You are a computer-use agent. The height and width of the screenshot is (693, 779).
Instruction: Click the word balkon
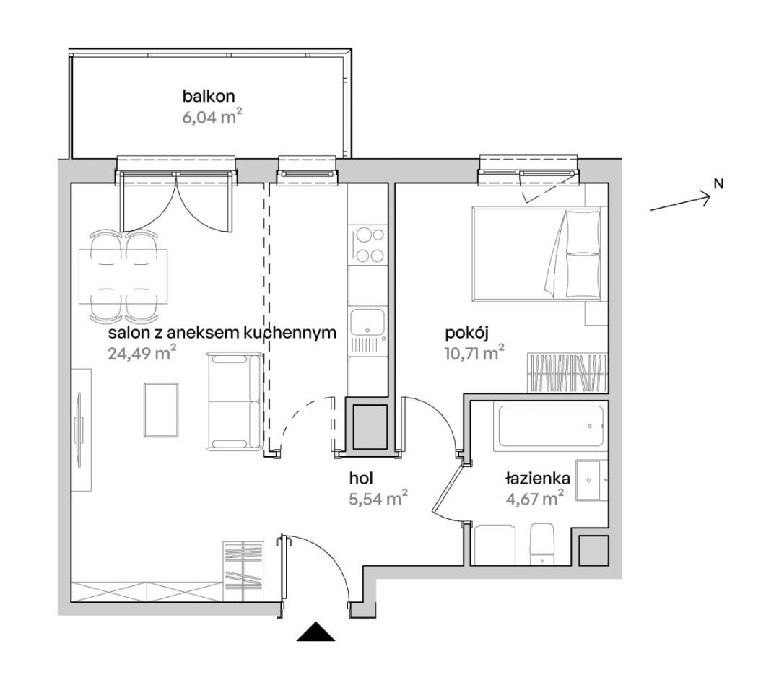pyautogui.click(x=208, y=96)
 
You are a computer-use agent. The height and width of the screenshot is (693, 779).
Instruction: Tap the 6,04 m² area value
pyautogui.click(x=212, y=118)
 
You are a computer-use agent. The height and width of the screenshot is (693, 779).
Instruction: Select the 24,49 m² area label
pyautogui.click(x=142, y=353)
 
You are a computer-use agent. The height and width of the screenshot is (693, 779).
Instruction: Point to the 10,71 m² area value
pyautogui.click(x=474, y=353)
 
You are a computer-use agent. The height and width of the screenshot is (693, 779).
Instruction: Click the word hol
pyautogui.click(x=361, y=478)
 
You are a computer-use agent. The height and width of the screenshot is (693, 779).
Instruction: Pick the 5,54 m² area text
pyautogui.click(x=378, y=498)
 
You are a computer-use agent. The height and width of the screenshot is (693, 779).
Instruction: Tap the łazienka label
pyautogui.click(x=538, y=479)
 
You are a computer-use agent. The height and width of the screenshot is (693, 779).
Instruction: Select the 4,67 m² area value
pyautogui.click(x=534, y=498)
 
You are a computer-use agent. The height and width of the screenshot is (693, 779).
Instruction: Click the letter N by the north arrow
pyautogui.click(x=718, y=183)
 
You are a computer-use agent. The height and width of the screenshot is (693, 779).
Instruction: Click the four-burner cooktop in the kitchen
pyautogui.click(x=368, y=245)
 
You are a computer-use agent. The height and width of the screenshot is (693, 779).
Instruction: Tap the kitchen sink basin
pyautogui.click(x=367, y=322)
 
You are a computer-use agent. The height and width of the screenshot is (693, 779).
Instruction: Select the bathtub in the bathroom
pyautogui.click(x=550, y=426)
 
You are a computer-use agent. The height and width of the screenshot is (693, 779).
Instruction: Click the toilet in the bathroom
pyautogui.click(x=542, y=544)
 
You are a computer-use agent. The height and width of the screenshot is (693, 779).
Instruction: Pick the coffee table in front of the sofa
pyautogui.click(x=161, y=410)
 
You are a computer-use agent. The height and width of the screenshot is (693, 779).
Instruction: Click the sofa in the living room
pyautogui.click(x=235, y=401)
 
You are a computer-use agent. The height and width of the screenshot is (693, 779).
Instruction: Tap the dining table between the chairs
pyautogui.click(x=123, y=276)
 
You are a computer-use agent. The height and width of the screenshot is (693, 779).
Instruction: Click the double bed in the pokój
pyautogui.click(x=536, y=254)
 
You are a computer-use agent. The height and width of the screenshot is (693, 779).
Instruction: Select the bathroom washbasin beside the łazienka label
pyautogui.click(x=588, y=480)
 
